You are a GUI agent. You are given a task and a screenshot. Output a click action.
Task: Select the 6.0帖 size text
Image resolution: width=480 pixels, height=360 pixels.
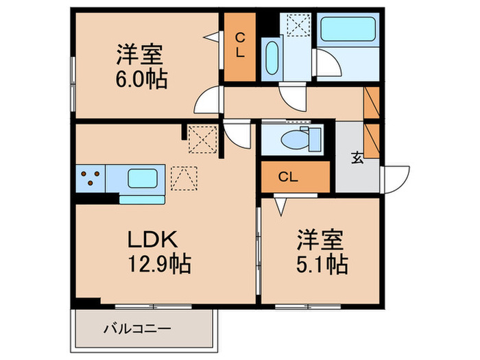click(142, 78)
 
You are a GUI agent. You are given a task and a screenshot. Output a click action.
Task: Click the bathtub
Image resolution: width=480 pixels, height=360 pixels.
click(347, 28)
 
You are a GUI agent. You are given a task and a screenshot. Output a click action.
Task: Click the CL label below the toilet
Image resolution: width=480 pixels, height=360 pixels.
click(288, 177)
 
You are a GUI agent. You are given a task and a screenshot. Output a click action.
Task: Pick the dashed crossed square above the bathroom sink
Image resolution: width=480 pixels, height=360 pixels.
click(299, 25)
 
